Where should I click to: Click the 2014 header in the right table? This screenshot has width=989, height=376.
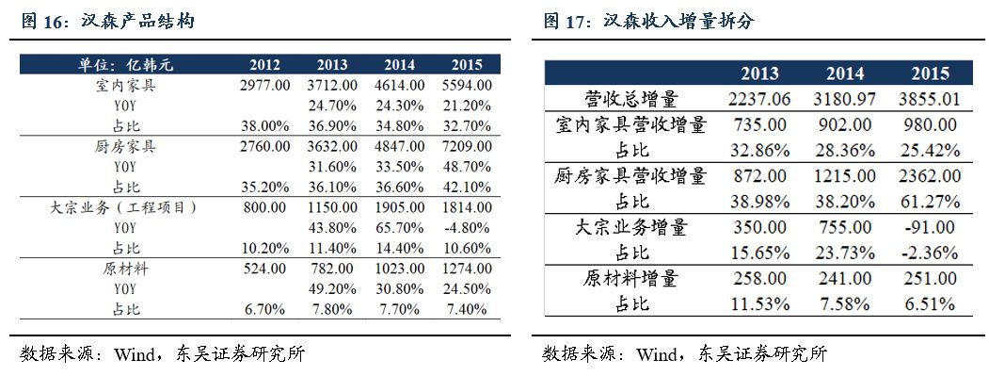click(844, 74)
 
